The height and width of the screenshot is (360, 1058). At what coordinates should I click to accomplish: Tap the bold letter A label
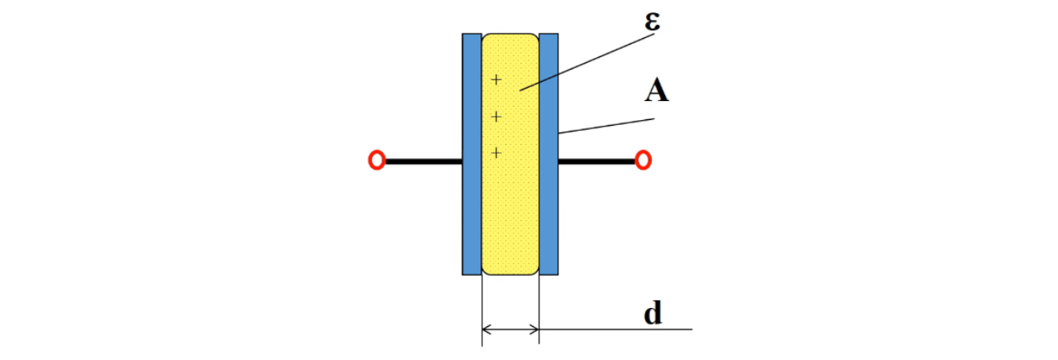657,91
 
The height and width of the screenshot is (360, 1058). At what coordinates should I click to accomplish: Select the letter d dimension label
653,314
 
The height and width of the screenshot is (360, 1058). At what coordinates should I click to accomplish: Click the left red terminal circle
376,161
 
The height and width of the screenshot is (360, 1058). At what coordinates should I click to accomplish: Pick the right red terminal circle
643,161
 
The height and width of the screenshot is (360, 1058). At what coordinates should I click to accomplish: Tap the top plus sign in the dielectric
496,80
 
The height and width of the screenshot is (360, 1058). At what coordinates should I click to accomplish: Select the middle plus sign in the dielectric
496,117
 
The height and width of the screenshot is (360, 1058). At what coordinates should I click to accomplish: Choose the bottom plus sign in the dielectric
496,152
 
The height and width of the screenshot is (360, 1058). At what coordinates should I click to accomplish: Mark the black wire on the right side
596,161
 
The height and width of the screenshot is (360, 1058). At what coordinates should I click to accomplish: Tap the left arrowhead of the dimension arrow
486,329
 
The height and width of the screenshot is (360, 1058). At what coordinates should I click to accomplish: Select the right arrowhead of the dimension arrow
534,329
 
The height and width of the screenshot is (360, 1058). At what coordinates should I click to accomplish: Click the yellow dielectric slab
510,207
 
